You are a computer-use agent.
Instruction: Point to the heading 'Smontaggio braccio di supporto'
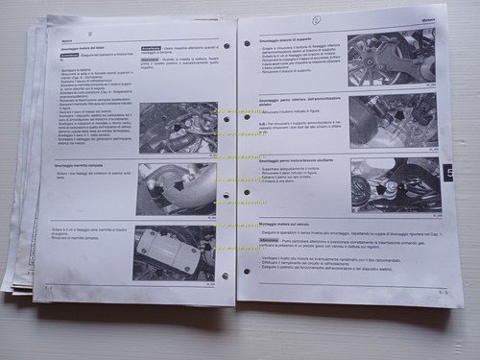coord(285,35)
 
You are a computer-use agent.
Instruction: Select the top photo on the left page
coord(177,128)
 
